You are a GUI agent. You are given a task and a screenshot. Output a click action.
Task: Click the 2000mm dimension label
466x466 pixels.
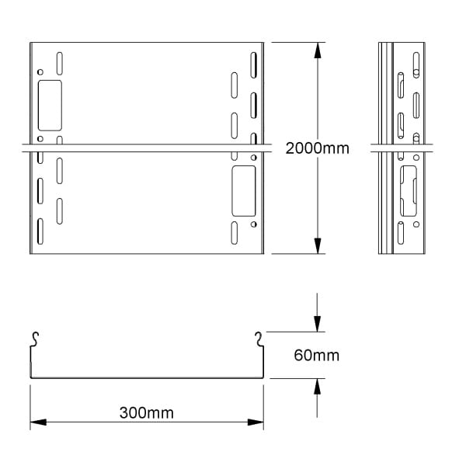(x=317, y=148)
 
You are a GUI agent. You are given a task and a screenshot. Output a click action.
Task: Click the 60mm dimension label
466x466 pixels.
(x=317, y=355)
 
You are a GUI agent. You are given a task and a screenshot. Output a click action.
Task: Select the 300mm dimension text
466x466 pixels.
(x=147, y=413)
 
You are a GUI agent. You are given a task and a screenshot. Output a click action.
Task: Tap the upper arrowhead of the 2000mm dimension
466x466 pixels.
(x=318, y=50)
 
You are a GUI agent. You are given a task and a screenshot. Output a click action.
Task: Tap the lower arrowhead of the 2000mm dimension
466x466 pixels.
(x=318, y=245)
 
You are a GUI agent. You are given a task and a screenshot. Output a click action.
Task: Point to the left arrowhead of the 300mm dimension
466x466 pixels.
(x=38, y=422)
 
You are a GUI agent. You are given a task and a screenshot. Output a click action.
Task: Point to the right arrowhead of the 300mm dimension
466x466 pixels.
(x=256, y=422)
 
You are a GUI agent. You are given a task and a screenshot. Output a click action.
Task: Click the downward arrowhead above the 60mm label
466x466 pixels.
(x=318, y=324)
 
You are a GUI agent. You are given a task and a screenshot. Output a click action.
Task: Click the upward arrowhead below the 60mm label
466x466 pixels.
(x=318, y=386)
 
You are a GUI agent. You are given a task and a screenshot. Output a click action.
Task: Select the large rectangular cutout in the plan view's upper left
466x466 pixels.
(x=50, y=105)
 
